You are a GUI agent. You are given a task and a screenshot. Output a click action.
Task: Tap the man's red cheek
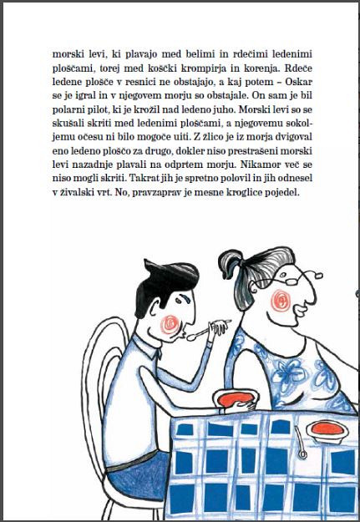[x=170, y=324]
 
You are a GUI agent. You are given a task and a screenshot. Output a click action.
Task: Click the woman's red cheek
[x=281, y=301]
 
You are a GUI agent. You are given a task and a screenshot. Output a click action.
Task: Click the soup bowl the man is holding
[x=236, y=399]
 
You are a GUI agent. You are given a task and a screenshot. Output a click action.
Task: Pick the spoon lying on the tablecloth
[x=300, y=443]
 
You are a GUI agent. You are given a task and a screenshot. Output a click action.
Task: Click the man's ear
[x=154, y=311]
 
